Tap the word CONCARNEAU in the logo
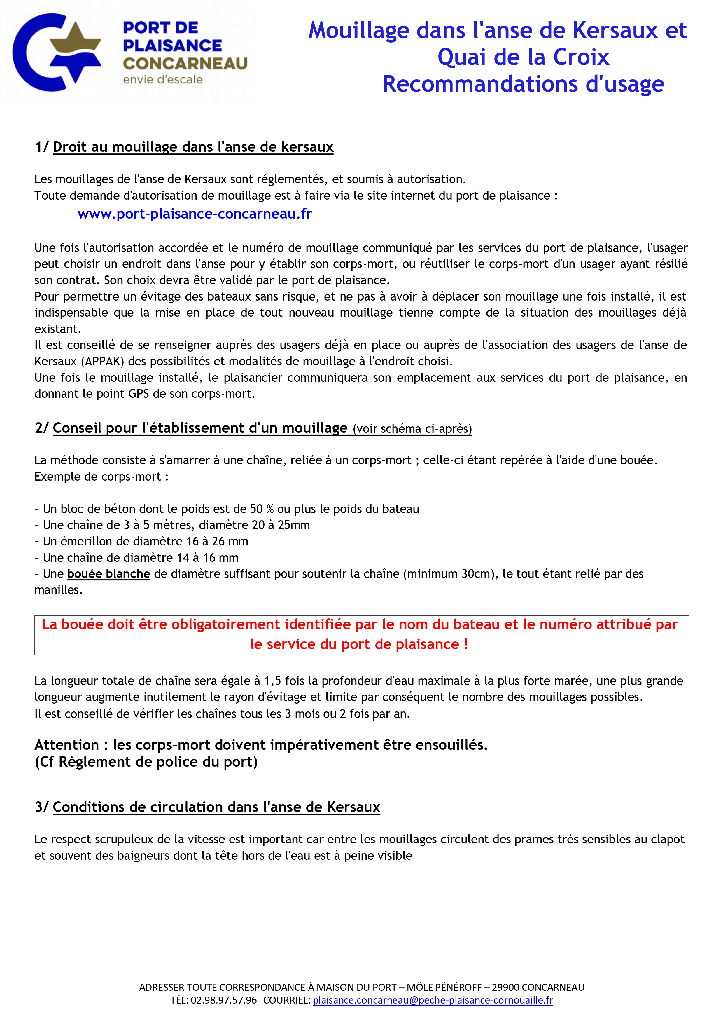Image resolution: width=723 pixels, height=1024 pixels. (185, 64)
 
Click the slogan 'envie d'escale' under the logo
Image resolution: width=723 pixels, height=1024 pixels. (163, 80)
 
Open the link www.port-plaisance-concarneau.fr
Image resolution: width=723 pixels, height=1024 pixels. (195, 214)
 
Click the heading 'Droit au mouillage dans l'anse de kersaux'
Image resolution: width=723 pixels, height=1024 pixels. (193, 147)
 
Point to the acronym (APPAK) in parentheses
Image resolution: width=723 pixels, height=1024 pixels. (103, 361)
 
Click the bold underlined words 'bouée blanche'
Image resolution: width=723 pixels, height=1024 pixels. (109, 574)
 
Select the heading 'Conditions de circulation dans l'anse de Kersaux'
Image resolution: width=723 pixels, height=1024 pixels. (216, 807)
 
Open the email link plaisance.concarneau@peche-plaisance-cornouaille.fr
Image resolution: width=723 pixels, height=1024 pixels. (433, 1000)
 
